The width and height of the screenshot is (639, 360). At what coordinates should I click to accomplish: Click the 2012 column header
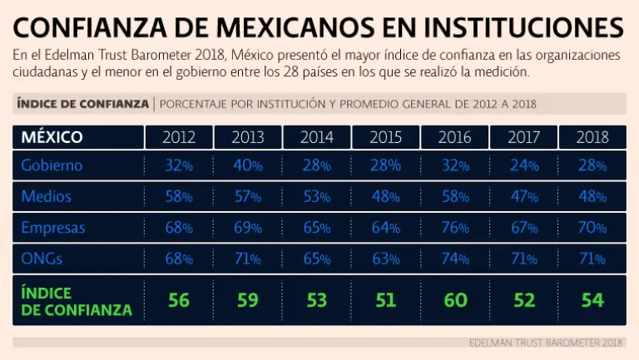click(x=179, y=137)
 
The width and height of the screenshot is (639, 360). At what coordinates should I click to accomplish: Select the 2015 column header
click(x=386, y=137)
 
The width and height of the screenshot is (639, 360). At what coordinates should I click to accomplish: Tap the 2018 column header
click(x=592, y=137)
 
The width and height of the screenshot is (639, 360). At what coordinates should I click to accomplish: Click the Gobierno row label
click(x=52, y=165)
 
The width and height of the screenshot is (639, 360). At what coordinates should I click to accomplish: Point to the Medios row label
click(x=47, y=197)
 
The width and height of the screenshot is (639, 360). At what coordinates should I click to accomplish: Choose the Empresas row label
click(x=53, y=228)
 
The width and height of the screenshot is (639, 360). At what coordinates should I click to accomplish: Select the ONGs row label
click(x=42, y=259)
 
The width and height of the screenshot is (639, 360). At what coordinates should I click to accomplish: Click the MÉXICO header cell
click(x=52, y=137)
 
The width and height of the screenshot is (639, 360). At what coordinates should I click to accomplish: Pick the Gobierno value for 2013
click(x=248, y=165)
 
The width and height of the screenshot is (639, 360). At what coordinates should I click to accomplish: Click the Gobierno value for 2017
click(x=524, y=165)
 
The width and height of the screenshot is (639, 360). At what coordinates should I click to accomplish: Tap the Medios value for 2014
click(x=317, y=197)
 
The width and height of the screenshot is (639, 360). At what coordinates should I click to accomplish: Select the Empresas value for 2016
click(x=455, y=228)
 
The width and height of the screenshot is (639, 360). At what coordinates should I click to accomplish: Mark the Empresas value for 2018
click(x=592, y=228)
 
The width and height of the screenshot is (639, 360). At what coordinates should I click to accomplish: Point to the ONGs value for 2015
click(x=386, y=259)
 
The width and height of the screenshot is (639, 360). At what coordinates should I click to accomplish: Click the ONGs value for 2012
click(x=179, y=259)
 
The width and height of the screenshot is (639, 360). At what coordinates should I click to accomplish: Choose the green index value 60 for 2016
click(x=455, y=299)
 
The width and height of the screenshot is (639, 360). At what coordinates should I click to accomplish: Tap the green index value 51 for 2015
click(x=386, y=299)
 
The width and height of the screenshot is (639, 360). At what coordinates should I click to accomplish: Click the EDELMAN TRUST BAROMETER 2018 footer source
click(x=546, y=343)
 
